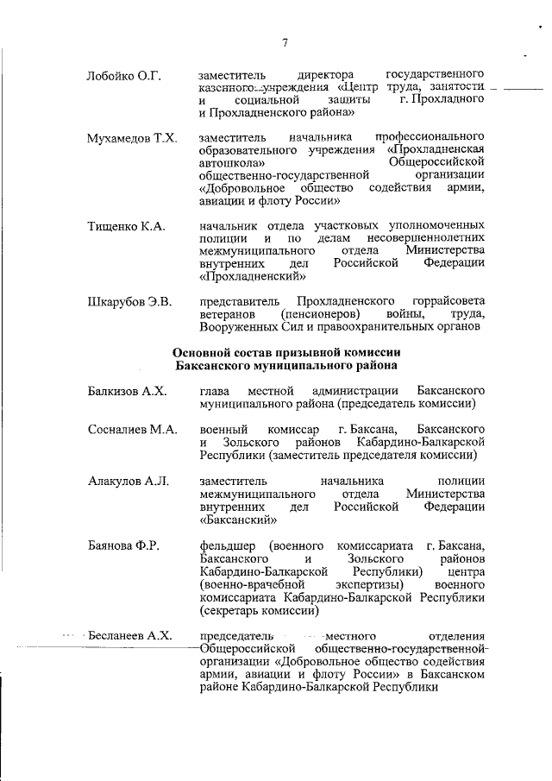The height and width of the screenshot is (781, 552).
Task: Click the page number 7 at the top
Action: click(x=285, y=44)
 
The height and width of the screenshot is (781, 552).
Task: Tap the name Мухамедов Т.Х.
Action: click(x=132, y=138)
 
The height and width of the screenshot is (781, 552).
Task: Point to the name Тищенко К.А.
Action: click(x=126, y=226)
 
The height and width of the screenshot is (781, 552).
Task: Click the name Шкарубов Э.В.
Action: click(x=130, y=301)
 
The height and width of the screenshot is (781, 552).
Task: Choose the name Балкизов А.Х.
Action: click(x=127, y=391)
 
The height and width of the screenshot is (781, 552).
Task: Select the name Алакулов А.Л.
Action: click(x=129, y=481)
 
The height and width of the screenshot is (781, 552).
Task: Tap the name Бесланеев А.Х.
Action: click(x=131, y=636)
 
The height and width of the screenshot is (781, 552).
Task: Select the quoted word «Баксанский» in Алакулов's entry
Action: click(x=239, y=520)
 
